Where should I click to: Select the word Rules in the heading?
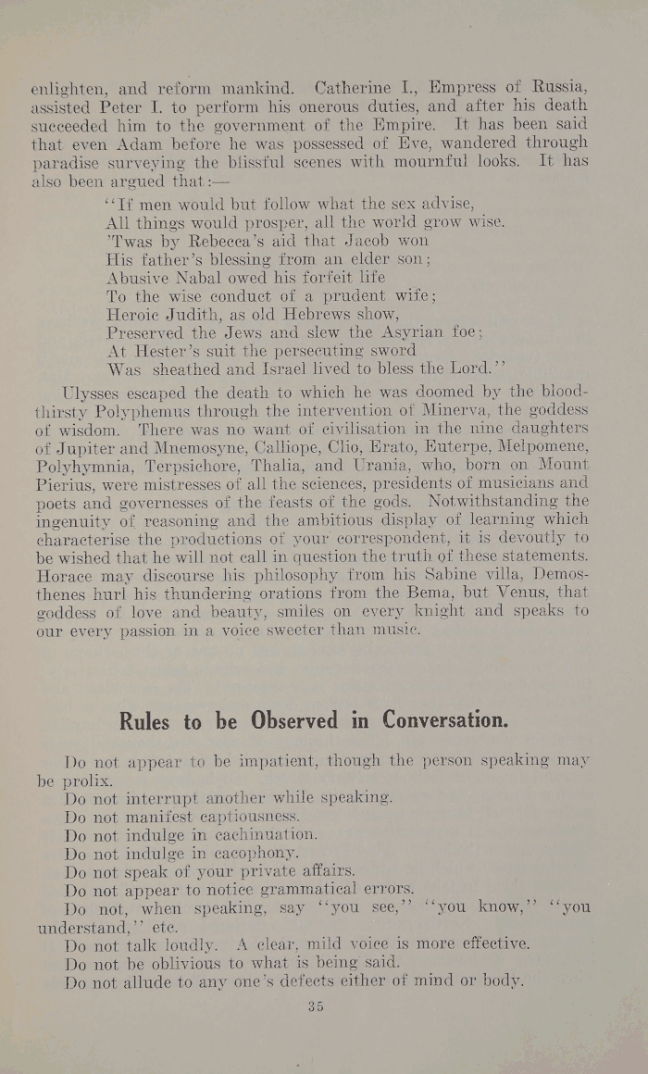coord(145,720)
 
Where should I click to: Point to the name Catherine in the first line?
coord(355,90)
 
